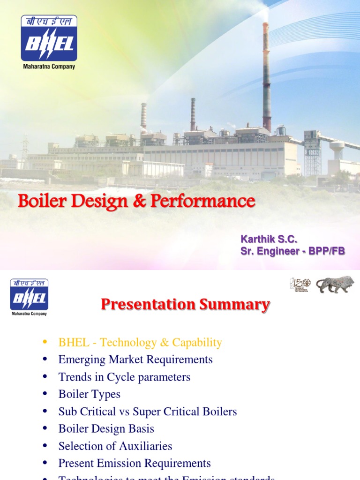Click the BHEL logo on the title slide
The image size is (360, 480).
click(49, 38)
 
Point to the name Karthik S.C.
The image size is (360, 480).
click(269, 240)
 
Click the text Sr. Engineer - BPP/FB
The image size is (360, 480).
click(292, 251)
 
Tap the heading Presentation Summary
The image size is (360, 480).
click(185, 305)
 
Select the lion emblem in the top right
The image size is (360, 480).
click(335, 285)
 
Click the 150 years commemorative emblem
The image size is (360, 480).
click(300, 285)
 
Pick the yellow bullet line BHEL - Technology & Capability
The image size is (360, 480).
click(140, 343)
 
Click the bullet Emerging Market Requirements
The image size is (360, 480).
click(135, 360)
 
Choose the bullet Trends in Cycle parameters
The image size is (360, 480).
click(124, 377)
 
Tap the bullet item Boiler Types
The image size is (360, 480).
click(90, 394)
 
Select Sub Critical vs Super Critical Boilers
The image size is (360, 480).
click(148, 412)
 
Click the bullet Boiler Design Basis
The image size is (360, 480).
click(106, 428)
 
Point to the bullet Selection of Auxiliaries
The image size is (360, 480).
click(115, 446)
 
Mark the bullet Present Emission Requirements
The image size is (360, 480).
click(135, 463)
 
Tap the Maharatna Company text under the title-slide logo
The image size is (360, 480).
click(49, 67)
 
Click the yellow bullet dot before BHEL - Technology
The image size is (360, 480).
click(45, 342)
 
